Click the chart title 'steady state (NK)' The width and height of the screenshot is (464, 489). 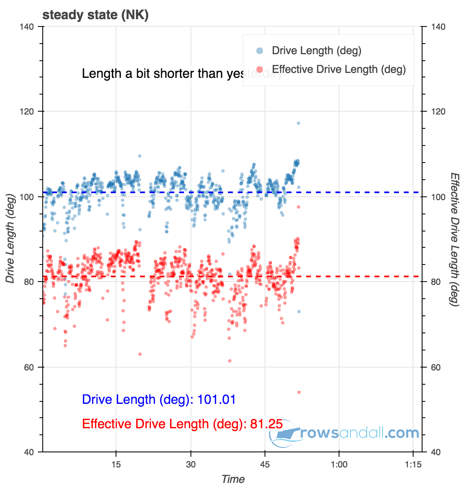95,15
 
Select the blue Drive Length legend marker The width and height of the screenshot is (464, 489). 260,51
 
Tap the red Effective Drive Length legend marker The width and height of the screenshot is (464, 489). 260,69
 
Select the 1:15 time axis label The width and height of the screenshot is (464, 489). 413,465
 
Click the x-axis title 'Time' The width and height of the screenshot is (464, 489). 233,479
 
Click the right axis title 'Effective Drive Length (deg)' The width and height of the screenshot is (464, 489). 455,239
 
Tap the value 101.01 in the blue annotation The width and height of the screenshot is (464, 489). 217,399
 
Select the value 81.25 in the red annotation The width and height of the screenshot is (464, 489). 266,424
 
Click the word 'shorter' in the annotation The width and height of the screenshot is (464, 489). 174,74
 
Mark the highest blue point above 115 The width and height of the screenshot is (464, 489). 298,123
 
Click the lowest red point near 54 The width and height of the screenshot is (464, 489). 299,392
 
